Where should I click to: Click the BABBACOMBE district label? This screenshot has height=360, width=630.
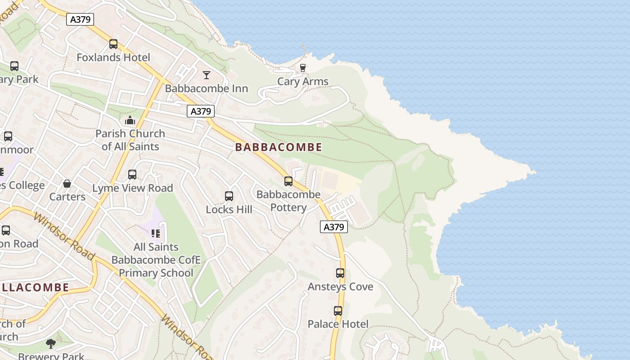tap(279, 147)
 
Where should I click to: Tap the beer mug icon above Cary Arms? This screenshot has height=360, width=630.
tap(303, 68)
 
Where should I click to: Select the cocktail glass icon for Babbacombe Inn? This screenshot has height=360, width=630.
tap(207, 75)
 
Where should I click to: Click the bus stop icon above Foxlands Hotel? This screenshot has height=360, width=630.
tap(113, 44)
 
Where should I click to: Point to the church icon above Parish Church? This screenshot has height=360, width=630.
tap(130, 120)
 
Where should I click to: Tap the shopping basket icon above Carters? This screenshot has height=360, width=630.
tap(67, 184)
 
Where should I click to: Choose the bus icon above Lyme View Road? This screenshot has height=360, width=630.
tap(132, 175)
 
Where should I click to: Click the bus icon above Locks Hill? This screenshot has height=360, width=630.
tap(229, 196)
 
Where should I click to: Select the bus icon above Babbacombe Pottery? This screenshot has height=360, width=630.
tap(288, 181)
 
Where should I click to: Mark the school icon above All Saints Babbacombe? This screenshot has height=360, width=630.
tap(156, 233)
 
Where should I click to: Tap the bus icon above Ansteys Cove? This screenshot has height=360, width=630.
tap(340, 273)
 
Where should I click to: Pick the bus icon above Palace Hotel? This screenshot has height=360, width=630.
tap(338, 310)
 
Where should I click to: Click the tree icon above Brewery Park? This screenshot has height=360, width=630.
tap(51, 344)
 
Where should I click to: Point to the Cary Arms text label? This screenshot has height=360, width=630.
tap(303, 81)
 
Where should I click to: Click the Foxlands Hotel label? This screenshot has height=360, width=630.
tap(113, 58)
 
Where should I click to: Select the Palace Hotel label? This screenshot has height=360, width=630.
tap(338, 324)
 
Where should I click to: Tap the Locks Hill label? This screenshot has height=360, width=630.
tap(229, 210)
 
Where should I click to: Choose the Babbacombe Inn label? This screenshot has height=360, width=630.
tap(207, 88)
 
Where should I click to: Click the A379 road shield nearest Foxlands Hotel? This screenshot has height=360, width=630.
tap(80, 19)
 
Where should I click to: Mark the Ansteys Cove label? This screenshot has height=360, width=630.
tap(340, 287)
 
